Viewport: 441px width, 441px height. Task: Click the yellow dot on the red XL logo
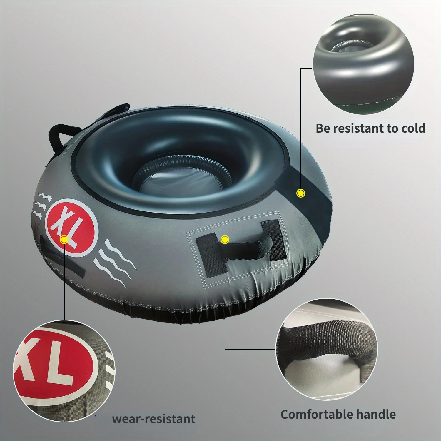click(64, 240)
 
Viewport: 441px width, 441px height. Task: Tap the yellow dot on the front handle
click(225, 240)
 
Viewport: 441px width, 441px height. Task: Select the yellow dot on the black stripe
click(300, 193)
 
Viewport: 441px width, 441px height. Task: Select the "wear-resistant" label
click(153, 419)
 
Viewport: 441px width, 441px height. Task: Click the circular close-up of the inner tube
click(363, 64)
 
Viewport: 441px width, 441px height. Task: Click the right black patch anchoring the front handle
click(275, 240)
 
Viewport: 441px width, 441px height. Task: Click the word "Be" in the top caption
click(323, 128)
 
